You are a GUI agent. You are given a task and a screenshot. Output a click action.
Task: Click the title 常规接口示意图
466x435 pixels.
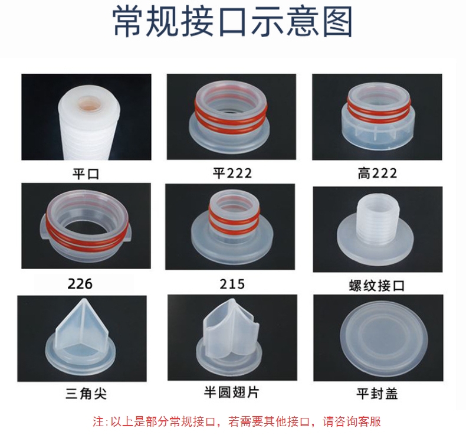232,22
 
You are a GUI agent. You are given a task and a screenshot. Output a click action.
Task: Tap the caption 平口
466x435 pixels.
86,174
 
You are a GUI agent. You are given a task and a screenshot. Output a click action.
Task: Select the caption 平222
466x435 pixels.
232,173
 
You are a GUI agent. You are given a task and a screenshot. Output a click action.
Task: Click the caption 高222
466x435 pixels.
377,174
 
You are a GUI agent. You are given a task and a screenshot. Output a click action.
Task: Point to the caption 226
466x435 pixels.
80,284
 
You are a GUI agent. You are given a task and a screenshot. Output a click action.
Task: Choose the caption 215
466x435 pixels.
232,284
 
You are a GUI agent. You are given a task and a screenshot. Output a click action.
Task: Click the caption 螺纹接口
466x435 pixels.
377,286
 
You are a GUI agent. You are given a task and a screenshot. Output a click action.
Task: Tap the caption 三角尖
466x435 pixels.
86,394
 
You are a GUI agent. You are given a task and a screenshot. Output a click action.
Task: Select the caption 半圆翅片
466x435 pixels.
231,392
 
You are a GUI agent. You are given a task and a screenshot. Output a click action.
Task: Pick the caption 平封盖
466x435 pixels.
377,394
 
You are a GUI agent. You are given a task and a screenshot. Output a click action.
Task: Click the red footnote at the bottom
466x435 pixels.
237,421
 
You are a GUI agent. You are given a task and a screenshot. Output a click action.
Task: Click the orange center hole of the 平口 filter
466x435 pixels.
90,104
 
